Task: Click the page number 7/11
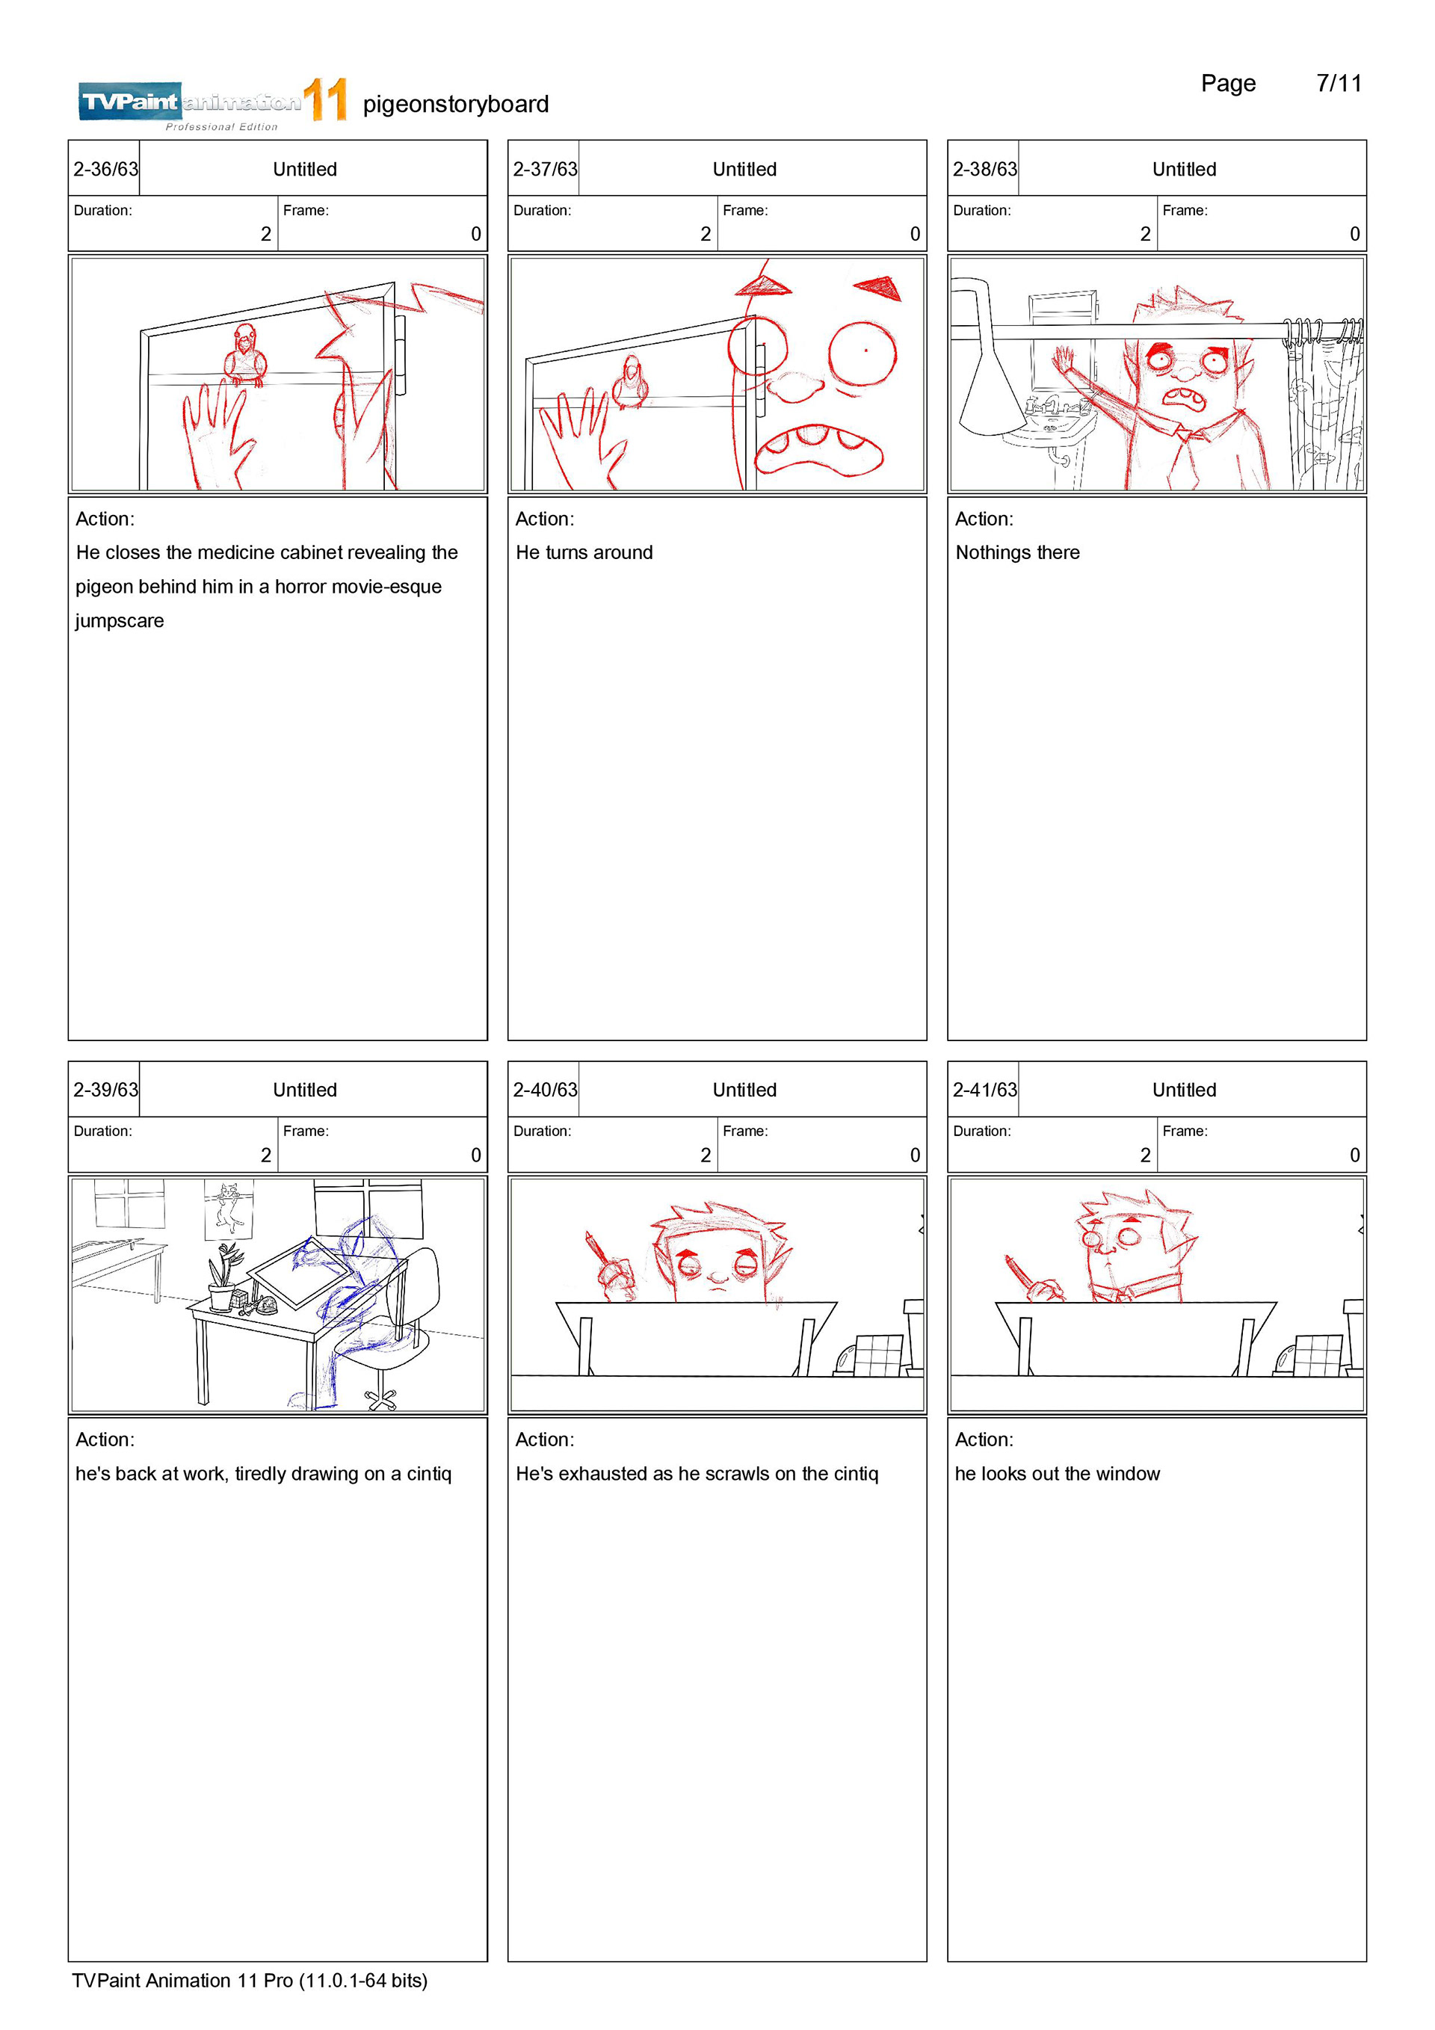[1339, 83]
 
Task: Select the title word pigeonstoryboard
[455, 105]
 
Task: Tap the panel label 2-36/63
[105, 169]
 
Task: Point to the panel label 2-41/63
[984, 1090]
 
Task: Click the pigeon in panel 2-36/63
[244, 354]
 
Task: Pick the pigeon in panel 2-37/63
[632, 382]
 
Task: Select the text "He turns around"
[584, 552]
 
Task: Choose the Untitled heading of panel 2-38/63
[1184, 169]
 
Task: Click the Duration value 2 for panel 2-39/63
[265, 1155]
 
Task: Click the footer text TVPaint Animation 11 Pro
[182, 1981]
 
